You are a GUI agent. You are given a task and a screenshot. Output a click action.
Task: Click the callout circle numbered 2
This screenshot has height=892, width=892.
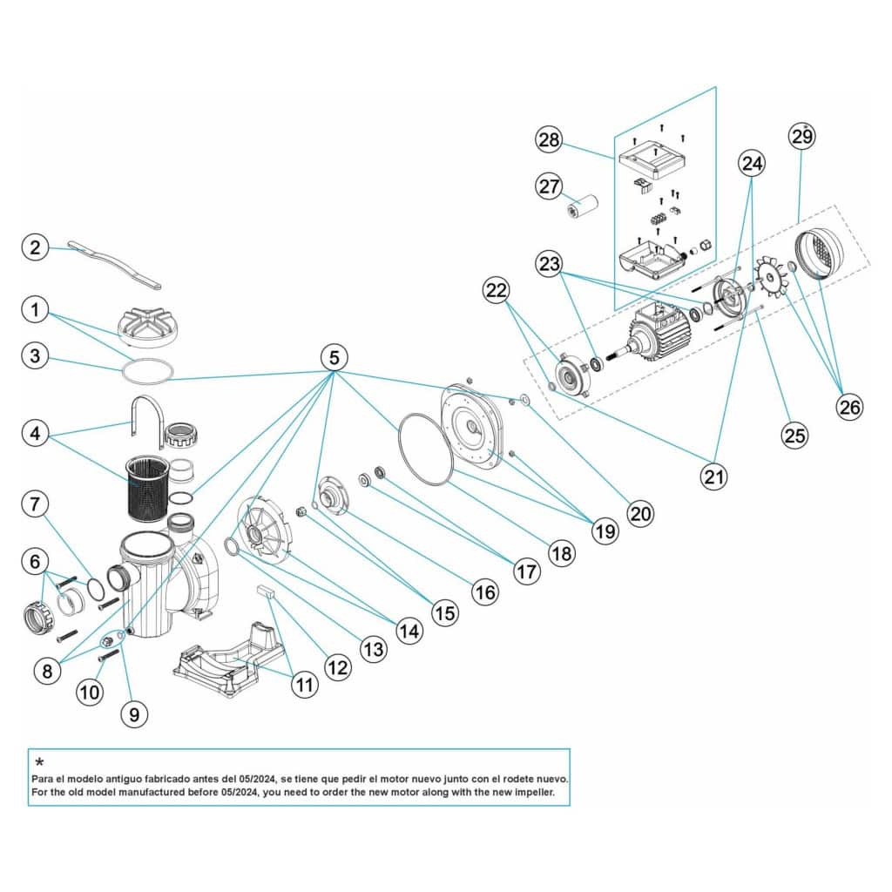click(34, 247)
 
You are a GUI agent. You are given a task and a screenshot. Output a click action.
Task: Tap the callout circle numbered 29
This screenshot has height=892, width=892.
click(802, 136)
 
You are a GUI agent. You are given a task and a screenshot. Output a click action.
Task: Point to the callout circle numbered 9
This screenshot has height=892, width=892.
click(134, 714)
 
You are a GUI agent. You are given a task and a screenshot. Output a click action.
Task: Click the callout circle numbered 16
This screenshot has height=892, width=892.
click(485, 592)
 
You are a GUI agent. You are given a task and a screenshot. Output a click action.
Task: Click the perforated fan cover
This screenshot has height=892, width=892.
click(824, 253)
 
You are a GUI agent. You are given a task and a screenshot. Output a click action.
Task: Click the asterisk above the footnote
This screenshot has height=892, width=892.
click(39, 763)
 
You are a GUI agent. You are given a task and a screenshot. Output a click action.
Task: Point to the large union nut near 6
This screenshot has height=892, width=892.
click(39, 616)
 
